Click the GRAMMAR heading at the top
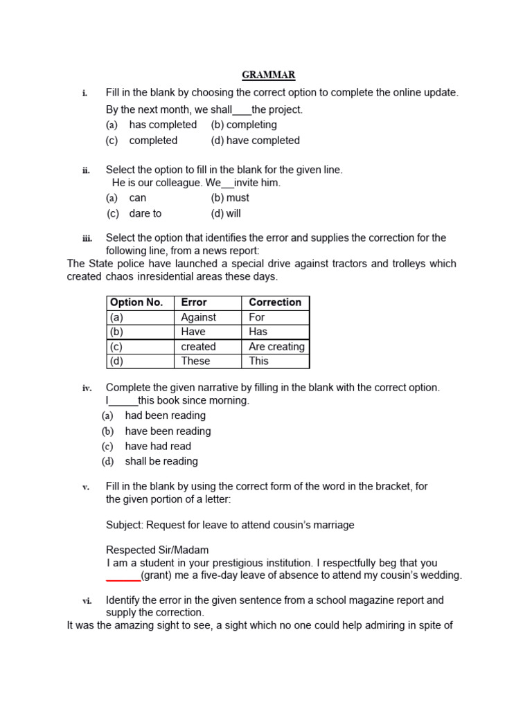pos(269,75)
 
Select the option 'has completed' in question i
pos(162,125)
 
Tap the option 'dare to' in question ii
pos(145,214)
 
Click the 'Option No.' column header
pos(136,303)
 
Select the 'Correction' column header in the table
pos(275,303)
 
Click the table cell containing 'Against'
pos(198,317)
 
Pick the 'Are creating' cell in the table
pos(276,347)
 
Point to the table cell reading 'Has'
pos(258,332)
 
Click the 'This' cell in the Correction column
pos(258,361)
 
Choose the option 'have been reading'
pos(168,431)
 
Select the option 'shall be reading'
pos(161,462)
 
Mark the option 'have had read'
pos(158,447)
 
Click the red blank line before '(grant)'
pos(123,577)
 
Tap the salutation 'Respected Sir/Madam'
pos(157,550)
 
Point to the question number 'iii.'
pos(87,239)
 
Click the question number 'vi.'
pos(87,601)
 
